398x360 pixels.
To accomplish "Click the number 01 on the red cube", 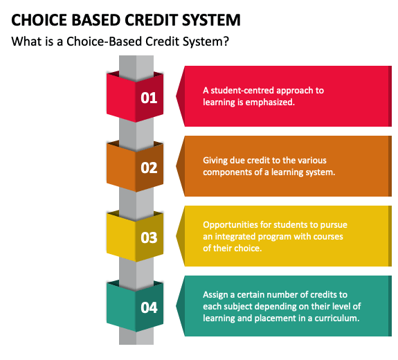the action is coord(149,98).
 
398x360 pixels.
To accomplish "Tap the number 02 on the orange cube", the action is coord(149,168).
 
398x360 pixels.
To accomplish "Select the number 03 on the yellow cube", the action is coord(149,237).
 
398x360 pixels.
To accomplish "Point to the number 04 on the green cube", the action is coord(149,307).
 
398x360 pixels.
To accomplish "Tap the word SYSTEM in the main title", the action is coord(211,20).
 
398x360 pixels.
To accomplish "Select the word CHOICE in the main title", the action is coord(39,20).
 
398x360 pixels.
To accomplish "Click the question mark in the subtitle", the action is coord(226,41).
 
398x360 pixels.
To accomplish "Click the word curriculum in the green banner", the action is coord(337,318).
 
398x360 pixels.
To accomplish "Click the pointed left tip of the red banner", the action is coord(176,96).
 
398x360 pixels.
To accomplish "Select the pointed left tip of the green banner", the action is coord(176,306).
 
